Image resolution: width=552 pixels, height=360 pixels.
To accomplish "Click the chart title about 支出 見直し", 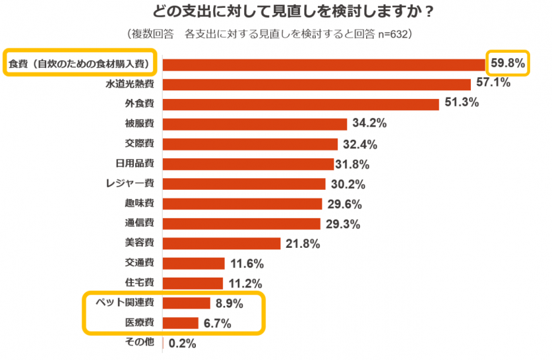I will coord(293,13).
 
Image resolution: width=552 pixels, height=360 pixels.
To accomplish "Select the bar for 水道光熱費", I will coord(316,84).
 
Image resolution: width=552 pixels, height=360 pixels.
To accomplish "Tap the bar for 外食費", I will coord(300,104).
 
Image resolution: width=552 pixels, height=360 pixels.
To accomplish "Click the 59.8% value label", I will coord(508,63).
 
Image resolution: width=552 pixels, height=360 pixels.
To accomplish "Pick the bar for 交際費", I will coord(250,144).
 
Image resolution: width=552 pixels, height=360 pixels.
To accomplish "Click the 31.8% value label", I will coord(352,164).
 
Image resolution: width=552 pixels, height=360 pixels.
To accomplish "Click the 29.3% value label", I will coord(342,224).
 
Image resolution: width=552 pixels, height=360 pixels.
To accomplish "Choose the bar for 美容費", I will coord(222,244).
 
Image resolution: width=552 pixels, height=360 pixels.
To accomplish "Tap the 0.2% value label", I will coord(183,344).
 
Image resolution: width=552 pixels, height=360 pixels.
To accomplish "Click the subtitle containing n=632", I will coord(271,34).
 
